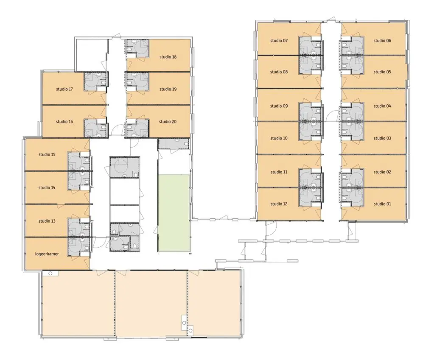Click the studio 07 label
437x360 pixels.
pyautogui.click(x=279, y=41)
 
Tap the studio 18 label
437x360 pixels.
pyautogui.click(x=168, y=57)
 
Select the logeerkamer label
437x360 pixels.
pyautogui.click(x=47, y=254)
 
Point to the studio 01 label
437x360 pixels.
pyautogui.click(x=382, y=204)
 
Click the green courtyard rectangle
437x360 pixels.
pyautogui.click(x=174, y=213)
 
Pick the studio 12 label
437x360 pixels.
pyautogui.click(x=279, y=204)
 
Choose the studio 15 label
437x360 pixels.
pyautogui.click(x=47, y=154)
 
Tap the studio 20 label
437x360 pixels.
pyautogui.click(x=168, y=122)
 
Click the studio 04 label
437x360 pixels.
pyautogui.click(x=382, y=106)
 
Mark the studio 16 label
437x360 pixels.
pyautogui.click(x=64, y=122)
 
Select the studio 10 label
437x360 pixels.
pyautogui.click(x=279, y=138)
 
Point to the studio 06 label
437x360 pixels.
pyautogui.click(x=382, y=41)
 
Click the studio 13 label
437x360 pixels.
pyautogui.click(x=47, y=221)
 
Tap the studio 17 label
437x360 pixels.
pyautogui.click(x=64, y=89)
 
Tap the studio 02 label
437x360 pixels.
pyautogui.click(x=382, y=172)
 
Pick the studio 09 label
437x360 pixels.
pyautogui.click(x=279, y=106)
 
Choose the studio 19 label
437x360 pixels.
pyautogui.click(x=168, y=89)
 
